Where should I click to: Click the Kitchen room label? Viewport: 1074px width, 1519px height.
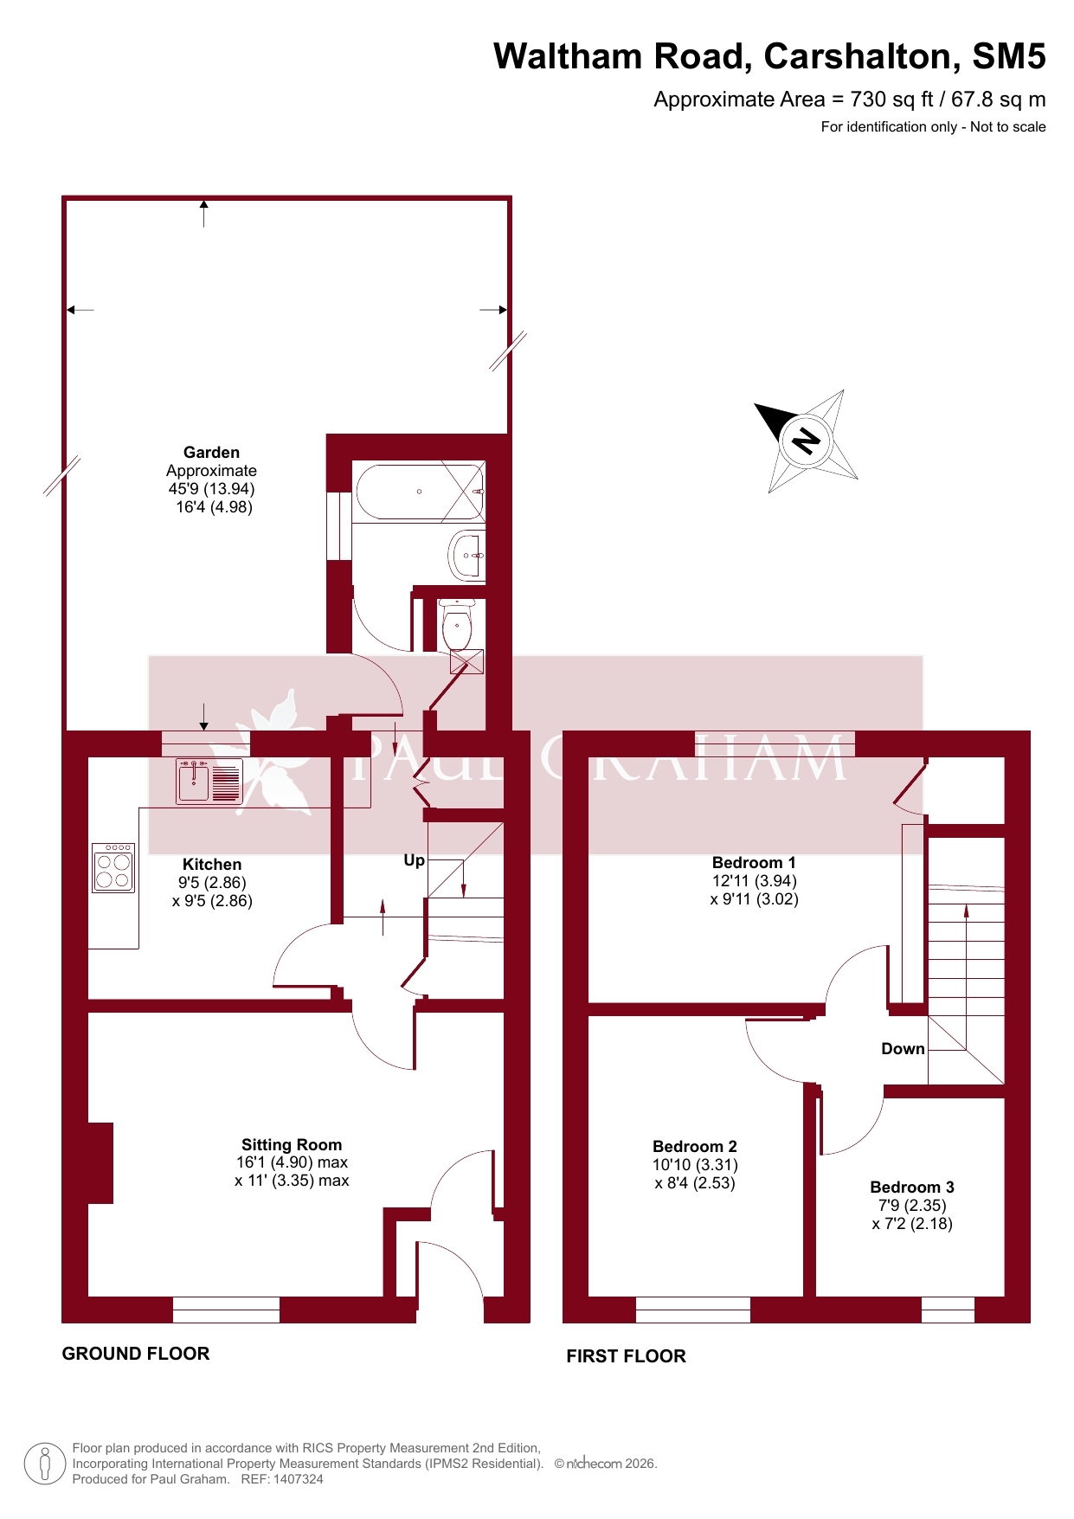pos(212,864)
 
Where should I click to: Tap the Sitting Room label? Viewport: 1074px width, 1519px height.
pos(292,1144)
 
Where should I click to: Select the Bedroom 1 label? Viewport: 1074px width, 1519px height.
pos(754,862)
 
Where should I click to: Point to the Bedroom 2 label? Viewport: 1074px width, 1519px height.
pos(695,1146)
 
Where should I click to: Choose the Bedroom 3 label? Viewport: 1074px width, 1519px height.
pos(912,1187)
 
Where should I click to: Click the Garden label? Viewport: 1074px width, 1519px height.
pos(211,452)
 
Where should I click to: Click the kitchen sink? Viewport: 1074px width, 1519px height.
pos(209,782)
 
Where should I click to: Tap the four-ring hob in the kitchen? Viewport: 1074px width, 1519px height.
pos(113,868)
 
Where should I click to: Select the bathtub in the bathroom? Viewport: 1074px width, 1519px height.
pos(419,492)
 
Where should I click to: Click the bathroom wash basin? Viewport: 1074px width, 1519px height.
pos(467,555)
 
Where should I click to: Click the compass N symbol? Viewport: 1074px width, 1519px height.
pos(806,441)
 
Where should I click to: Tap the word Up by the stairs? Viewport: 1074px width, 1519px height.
pos(415,860)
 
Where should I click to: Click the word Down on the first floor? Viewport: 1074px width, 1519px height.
pos(903,1049)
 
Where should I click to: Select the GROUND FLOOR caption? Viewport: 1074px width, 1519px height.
pos(136,1354)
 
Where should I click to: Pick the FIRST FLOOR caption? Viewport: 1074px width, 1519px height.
pos(626,1356)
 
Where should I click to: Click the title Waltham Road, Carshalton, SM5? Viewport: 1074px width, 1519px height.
pos(769,56)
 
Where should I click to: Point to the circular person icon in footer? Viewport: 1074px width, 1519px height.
pos(45,1464)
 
